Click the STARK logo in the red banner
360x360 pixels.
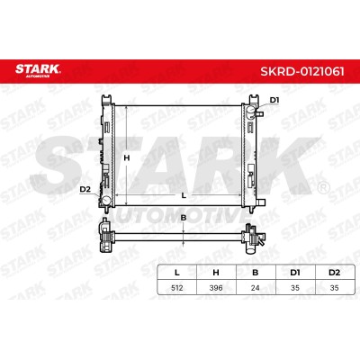click(x=38, y=71)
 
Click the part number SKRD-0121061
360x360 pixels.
click(x=302, y=72)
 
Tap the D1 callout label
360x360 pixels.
click(x=274, y=100)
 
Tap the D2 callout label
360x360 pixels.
click(x=85, y=189)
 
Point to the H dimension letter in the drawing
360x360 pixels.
click(x=127, y=157)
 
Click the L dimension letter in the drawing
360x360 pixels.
click(x=184, y=195)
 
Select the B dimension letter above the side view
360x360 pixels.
click(x=184, y=218)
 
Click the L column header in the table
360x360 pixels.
click(x=177, y=273)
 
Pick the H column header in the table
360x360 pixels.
click(x=216, y=273)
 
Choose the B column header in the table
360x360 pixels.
click(x=256, y=273)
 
